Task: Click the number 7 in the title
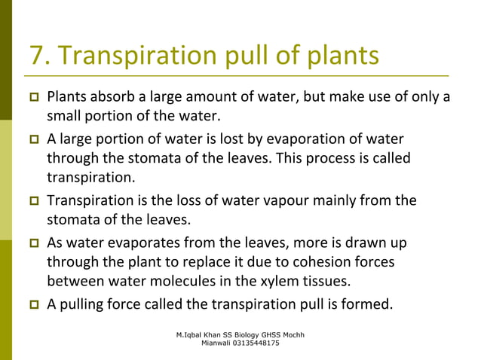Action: coord(37,55)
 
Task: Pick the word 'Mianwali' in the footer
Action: coord(217,343)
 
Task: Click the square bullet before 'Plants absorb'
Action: coord(35,99)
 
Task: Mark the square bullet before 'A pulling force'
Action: coord(35,305)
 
